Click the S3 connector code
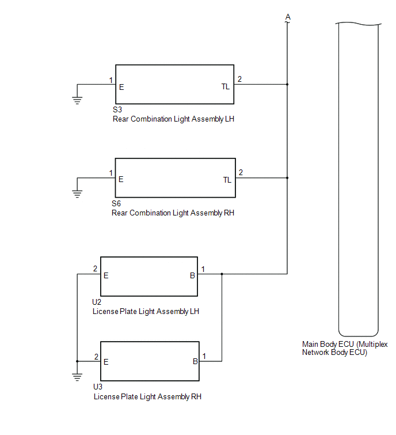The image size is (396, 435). [x=117, y=109]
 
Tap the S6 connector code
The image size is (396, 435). [x=116, y=203]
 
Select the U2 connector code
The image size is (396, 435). [x=97, y=302]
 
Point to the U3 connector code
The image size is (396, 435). [x=98, y=387]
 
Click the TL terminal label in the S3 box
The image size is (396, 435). [x=226, y=87]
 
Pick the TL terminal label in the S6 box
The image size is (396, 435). [x=227, y=180]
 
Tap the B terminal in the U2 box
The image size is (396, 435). [x=192, y=275]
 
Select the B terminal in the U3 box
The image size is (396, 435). [x=195, y=361]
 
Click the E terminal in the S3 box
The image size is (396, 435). [x=121, y=87]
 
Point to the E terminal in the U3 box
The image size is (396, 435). [x=106, y=362]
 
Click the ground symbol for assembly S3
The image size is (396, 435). [x=77, y=100]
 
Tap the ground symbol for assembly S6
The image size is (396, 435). [x=77, y=194]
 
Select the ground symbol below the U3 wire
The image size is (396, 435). [x=77, y=377]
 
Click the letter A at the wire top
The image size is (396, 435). [x=288, y=17]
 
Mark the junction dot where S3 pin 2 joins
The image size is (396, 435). [x=287, y=84]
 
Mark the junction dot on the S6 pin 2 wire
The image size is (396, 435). [x=287, y=178]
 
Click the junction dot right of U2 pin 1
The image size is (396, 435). [x=222, y=274]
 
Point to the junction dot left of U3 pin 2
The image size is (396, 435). [x=77, y=361]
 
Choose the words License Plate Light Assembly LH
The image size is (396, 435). [x=146, y=312]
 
